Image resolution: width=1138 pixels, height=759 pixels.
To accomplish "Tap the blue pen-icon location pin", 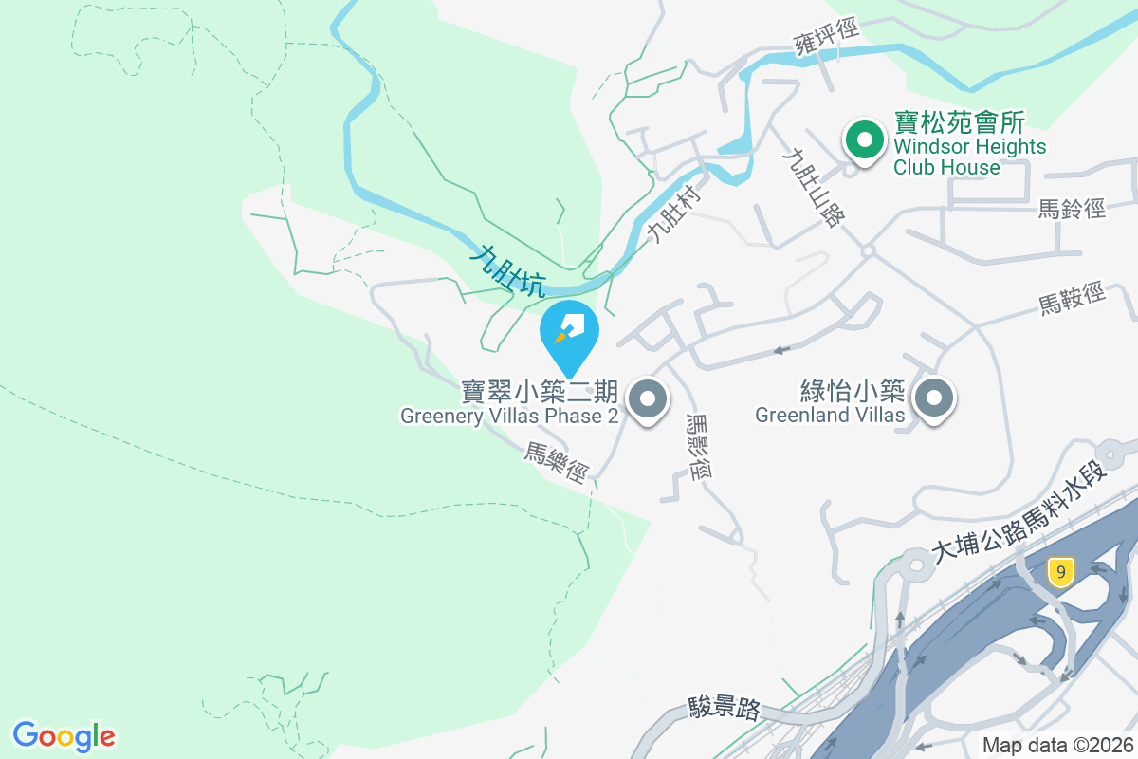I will pyautogui.click(x=569, y=332).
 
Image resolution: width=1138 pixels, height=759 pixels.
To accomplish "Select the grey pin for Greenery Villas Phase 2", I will pyautogui.click(x=649, y=399).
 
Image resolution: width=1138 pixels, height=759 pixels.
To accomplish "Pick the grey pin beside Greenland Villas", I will pyautogui.click(x=934, y=399).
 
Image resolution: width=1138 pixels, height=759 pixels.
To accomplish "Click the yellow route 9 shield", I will pyautogui.click(x=1061, y=571).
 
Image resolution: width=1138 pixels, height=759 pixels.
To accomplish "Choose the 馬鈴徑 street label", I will pyautogui.click(x=1072, y=209).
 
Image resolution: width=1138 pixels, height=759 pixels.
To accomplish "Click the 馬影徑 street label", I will pyautogui.click(x=697, y=447).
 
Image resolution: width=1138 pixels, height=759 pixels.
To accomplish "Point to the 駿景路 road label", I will pyautogui.click(x=725, y=708).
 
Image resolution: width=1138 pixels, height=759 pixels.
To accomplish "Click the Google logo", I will pyautogui.click(x=64, y=736).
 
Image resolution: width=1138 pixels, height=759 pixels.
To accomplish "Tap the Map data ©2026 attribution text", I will pyautogui.click(x=1056, y=746).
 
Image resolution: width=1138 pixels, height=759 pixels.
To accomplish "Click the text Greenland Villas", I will pyautogui.click(x=830, y=416).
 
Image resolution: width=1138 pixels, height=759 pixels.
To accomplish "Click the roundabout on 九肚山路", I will pyautogui.click(x=867, y=250).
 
